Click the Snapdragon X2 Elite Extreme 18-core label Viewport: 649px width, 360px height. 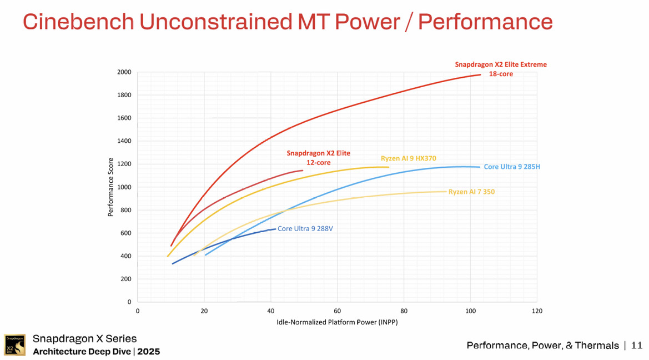coord(500,69)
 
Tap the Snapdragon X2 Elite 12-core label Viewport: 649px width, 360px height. coord(318,158)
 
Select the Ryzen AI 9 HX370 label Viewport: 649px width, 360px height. coord(408,158)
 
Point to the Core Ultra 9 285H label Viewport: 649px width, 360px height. coord(511,167)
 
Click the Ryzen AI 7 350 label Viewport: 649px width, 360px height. coord(471,192)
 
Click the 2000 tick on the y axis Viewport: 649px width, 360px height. coord(124,72)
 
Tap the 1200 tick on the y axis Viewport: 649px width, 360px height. coord(124,164)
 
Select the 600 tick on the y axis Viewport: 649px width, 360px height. coord(126,233)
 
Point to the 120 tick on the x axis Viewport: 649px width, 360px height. coord(536,311)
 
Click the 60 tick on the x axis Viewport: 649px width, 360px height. coord(337,311)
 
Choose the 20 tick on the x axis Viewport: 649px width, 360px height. coord(204,311)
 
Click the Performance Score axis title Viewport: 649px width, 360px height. coord(111,187)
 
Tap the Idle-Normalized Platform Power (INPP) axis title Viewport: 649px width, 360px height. coord(337,322)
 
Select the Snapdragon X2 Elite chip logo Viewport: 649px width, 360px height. coord(14,345)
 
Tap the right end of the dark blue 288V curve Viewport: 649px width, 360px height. coord(275,228)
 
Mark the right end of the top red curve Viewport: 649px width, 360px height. coord(480,74)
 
